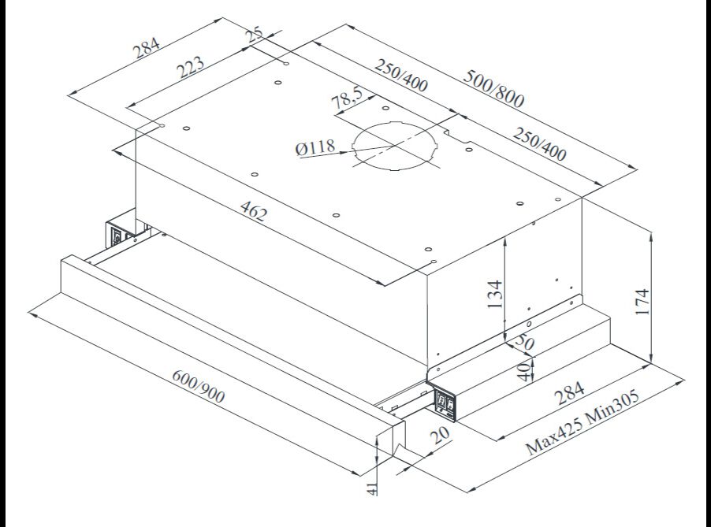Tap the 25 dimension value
pos(255,36)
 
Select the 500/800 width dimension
pos(494,88)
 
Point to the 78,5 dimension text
pos(347,98)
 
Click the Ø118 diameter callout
pos(315,147)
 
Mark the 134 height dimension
pos(493,295)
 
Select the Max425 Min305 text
pos(583,422)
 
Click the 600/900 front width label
pos(198,385)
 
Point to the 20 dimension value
pos(438,435)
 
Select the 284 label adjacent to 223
pos(145,49)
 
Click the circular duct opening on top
pos(394,149)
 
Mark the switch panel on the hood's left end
pos(117,235)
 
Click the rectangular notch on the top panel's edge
pos(456,133)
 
